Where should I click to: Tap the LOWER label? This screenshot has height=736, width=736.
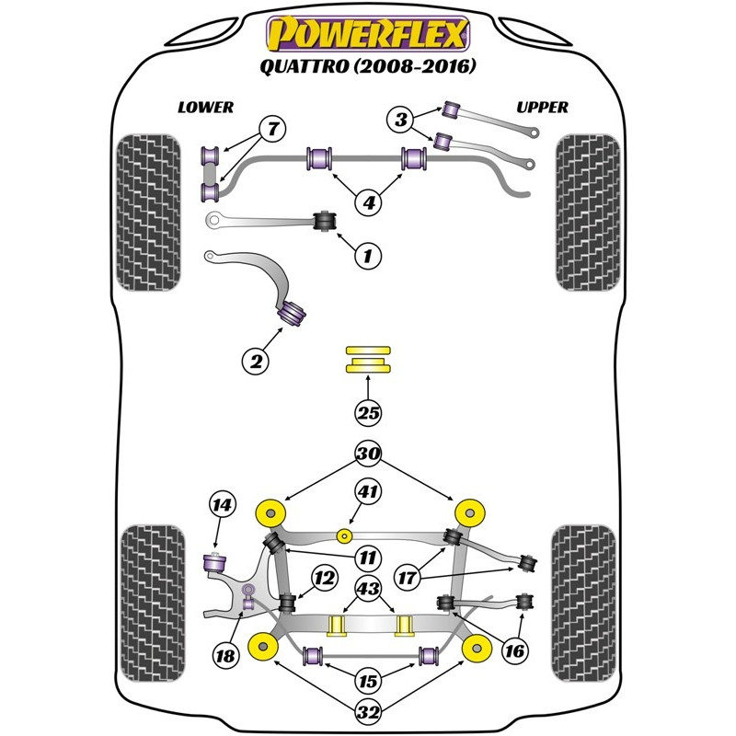pyautogui.click(x=205, y=107)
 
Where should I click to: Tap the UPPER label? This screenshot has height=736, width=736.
pyautogui.click(x=542, y=107)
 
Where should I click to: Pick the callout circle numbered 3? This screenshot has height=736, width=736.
pyautogui.click(x=400, y=119)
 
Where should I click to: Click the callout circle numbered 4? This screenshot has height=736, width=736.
pyautogui.click(x=368, y=201)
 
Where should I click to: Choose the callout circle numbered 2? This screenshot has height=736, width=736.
pyautogui.click(x=257, y=362)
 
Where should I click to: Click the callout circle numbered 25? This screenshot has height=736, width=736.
pyautogui.click(x=368, y=413)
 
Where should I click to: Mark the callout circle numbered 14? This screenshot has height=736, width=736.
pyautogui.click(x=222, y=504)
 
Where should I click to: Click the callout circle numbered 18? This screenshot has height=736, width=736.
pyautogui.click(x=225, y=655)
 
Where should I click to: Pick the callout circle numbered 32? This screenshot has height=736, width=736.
pyautogui.click(x=368, y=710)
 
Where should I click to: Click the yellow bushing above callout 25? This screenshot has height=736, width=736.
pyautogui.click(x=368, y=360)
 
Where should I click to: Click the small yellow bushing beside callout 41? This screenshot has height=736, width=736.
pyautogui.click(x=343, y=535)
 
